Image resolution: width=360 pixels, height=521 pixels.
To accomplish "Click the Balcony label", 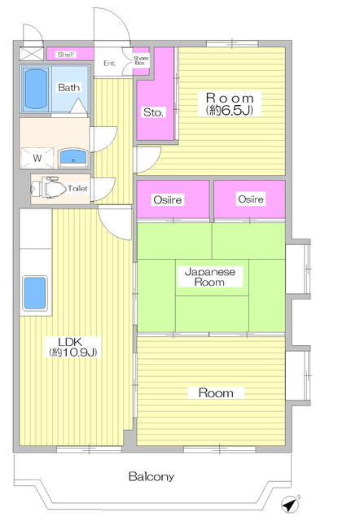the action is pyautogui.click(x=151, y=476).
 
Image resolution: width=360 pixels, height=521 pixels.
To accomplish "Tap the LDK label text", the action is pyautogui.click(x=70, y=342).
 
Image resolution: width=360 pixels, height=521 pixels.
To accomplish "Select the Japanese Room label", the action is pyautogui.click(x=210, y=277).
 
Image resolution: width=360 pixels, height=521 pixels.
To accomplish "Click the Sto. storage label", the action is pyautogui.click(x=153, y=112).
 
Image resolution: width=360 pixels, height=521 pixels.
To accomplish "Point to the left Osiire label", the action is pyautogui.click(x=168, y=199).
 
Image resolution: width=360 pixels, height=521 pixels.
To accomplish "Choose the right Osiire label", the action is pyautogui.click(x=251, y=199).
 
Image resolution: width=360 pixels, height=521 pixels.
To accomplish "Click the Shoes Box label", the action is pyautogui.click(x=141, y=60).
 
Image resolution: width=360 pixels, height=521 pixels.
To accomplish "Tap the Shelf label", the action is pyautogui.click(x=66, y=55).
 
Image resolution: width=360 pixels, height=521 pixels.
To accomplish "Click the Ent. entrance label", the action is pyautogui.click(x=110, y=63).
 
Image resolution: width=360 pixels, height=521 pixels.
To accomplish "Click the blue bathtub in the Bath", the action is pyautogui.click(x=35, y=89).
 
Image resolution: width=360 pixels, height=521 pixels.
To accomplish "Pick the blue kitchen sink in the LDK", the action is pyautogui.click(x=34, y=293).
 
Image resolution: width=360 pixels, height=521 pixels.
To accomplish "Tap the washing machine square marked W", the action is pyautogui.click(x=37, y=158).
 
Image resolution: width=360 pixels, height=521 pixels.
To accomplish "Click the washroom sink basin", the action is pyautogui.click(x=73, y=158).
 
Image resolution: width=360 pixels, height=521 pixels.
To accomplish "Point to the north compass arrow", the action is pyautogui.click(x=290, y=505).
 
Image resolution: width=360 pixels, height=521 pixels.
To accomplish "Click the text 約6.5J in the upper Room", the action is pyautogui.click(x=230, y=111).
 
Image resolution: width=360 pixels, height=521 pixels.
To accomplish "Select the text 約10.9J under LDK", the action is pyautogui.click(x=73, y=352).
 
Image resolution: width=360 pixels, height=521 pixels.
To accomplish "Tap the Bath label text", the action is pyautogui.click(x=68, y=87).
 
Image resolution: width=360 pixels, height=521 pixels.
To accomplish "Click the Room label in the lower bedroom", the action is pyautogui.click(x=216, y=393).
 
